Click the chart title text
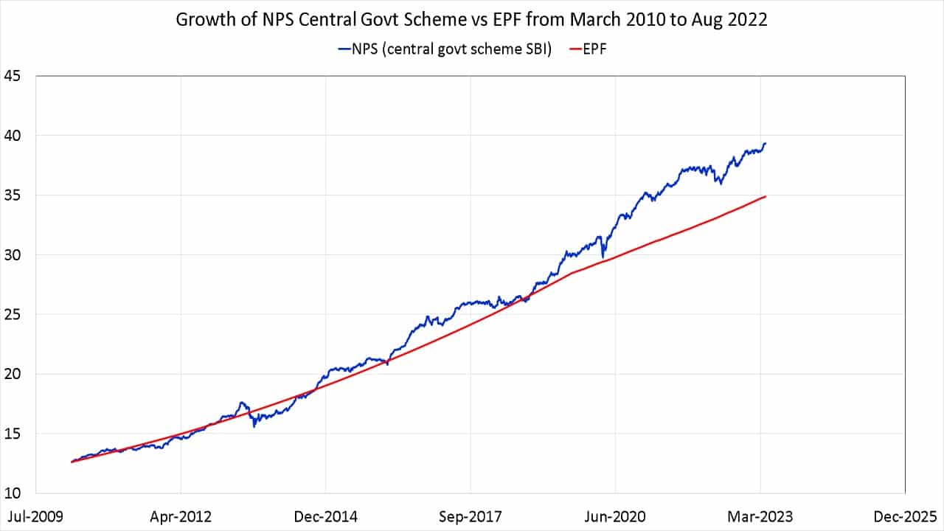pos(472,20)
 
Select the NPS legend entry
pos(445,49)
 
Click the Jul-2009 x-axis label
pos(35,516)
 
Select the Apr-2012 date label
pos(181,516)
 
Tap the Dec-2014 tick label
pos(325,516)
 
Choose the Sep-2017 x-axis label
pos(471,516)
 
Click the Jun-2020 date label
pos(615,516)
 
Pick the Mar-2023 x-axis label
pos(760,516)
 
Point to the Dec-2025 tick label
pos(905,516)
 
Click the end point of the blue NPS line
pos(766,143)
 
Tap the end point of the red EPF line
pos(766,196)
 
